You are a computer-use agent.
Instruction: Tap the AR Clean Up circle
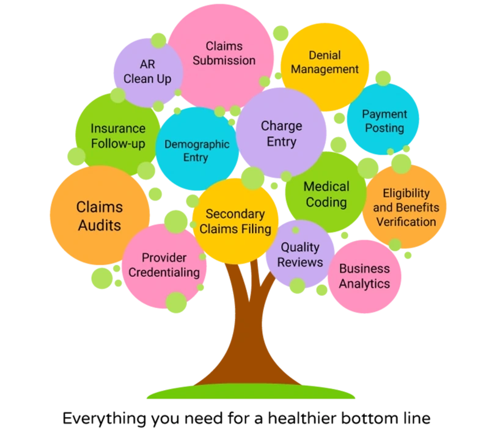pos(147,72)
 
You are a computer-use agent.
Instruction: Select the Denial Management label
pos(325,62)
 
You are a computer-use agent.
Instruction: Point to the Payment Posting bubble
pos(383,121)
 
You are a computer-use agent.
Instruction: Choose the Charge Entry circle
pos(281,133)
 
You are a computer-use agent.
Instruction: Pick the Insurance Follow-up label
pos(118,136)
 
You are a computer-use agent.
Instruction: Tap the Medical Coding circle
pos(326,194)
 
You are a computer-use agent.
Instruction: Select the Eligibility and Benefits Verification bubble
pos(405,207)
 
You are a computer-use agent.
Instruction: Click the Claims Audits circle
pos(99,216)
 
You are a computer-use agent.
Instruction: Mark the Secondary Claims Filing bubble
pos(235,221)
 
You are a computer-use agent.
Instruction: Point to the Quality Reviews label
pos(301,254)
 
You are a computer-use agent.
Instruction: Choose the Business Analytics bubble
pos(364,276)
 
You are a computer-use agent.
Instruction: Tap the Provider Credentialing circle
pos(164,265)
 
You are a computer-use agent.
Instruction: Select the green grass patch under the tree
pos(251,393)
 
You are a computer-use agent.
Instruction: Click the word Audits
pos(99,225)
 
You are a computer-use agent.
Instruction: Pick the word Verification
pos(405,221)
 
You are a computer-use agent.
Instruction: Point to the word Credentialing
pos(164,272)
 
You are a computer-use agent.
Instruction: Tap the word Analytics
pos(364,284)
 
